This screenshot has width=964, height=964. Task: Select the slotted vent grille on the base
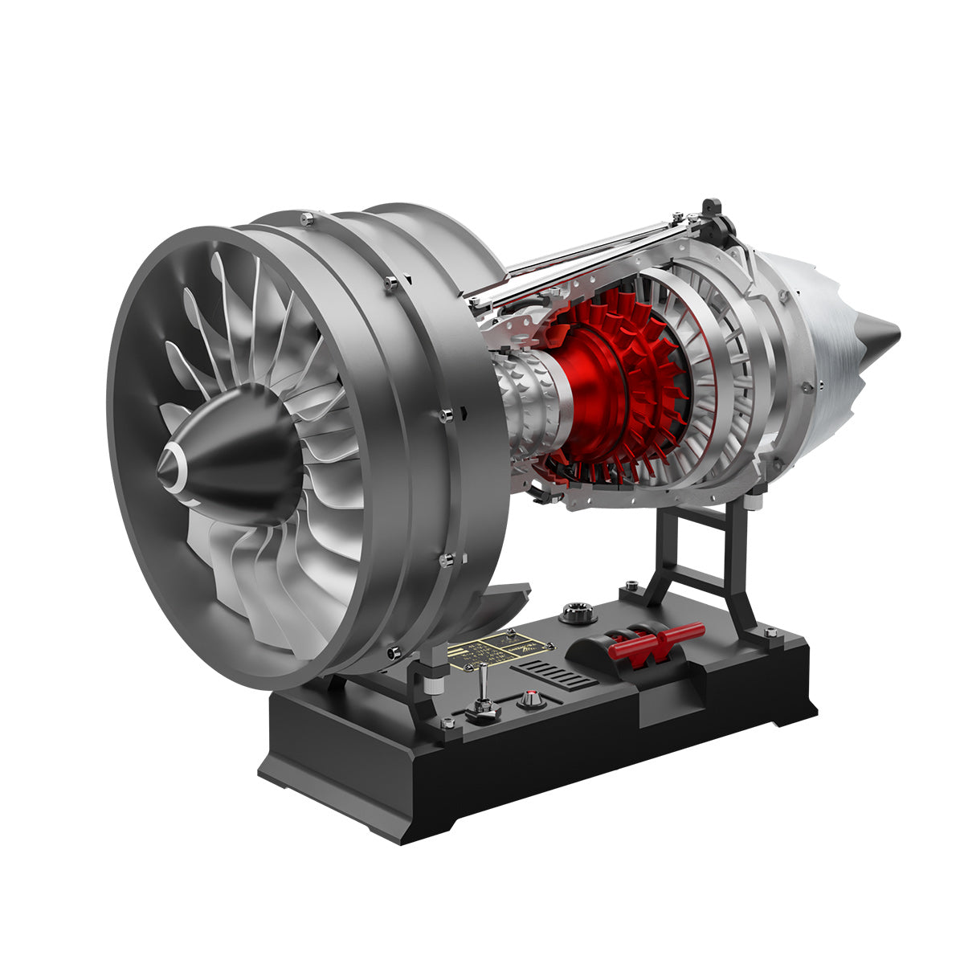(x=556, y=677)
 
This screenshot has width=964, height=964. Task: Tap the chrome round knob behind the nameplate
(x=575, y=613)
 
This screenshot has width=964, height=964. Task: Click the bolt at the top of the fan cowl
(x=307, y=219)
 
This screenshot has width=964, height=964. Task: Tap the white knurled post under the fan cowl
(x=434, y=683)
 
